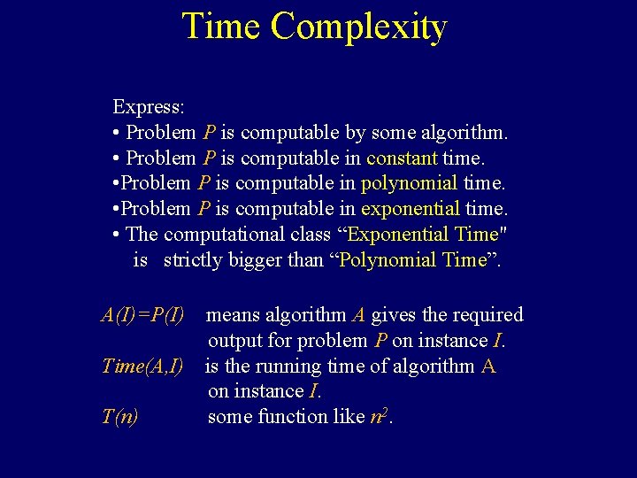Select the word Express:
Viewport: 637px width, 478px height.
149,107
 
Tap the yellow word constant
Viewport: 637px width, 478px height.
402,158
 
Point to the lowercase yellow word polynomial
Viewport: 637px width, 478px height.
409,184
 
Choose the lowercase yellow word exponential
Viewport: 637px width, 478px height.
410,210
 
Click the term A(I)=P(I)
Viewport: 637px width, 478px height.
143,315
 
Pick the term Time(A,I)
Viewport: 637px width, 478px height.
142,366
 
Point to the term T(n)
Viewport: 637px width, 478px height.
120,417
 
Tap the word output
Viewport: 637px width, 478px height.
235,341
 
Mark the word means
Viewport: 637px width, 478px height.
233,315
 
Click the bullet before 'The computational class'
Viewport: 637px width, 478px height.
117,235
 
